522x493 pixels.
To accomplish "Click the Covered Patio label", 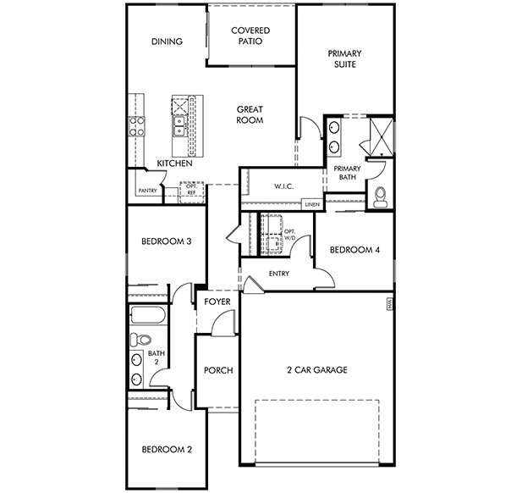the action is coord(250,36).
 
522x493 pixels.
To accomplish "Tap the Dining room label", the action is coord(167,42).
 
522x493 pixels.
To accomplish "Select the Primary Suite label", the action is coord(344,58).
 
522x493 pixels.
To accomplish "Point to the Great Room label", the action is coord(250,114).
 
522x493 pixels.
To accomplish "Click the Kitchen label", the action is coord(174,163).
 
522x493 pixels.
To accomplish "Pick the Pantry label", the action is coord(147,191).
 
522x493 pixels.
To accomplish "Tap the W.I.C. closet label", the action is coord(284,186).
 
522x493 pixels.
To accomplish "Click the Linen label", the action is coord(312,204).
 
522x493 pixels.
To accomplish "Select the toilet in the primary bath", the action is coord(380,197).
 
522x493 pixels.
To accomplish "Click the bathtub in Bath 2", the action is coord(148,315).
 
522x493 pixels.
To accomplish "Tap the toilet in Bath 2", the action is coord(140,340).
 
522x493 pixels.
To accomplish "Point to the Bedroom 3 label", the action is coord(167,241).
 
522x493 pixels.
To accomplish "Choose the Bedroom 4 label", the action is coord(354,250).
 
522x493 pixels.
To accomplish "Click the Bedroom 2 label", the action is coord(167,450).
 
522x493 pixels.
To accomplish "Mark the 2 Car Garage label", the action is coord(317,369).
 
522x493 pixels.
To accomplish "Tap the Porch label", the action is coord(218,370).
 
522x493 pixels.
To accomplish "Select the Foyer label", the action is coord(217,302).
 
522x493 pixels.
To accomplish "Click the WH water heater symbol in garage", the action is coord(389,304).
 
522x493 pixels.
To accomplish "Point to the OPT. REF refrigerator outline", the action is coord(191,192).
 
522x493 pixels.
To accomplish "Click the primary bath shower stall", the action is coord(382,136).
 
